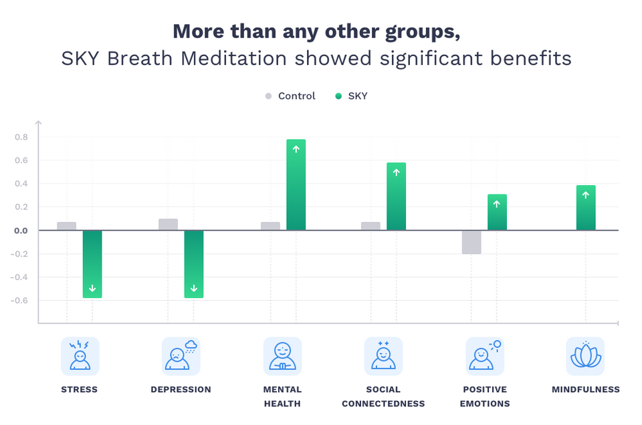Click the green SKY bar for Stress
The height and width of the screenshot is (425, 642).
click(92, 263)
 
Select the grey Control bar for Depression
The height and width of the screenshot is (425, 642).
click(168, 225)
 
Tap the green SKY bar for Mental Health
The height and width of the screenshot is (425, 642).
click(296, 185)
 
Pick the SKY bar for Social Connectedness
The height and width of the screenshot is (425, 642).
click(396, 196)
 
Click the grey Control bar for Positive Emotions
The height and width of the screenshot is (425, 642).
click(471, 242)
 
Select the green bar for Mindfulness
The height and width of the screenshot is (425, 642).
click(586, 208)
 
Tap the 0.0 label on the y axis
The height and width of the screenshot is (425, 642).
click(20, 231)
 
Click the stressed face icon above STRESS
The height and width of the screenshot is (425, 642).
click(80, 356)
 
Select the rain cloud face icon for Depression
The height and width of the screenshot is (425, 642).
click(181, 356)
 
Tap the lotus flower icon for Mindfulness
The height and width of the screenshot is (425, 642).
click(585, 356)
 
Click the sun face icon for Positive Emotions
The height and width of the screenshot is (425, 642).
click(485, 356)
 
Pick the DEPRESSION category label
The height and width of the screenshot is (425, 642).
click(181, 390)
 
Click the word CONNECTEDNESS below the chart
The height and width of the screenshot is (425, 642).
click(383, 404)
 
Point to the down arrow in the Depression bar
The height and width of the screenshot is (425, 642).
click(194, 289)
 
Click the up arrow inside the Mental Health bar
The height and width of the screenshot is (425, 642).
click(296, 149)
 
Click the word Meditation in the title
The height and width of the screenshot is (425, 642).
click(220, 58)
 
